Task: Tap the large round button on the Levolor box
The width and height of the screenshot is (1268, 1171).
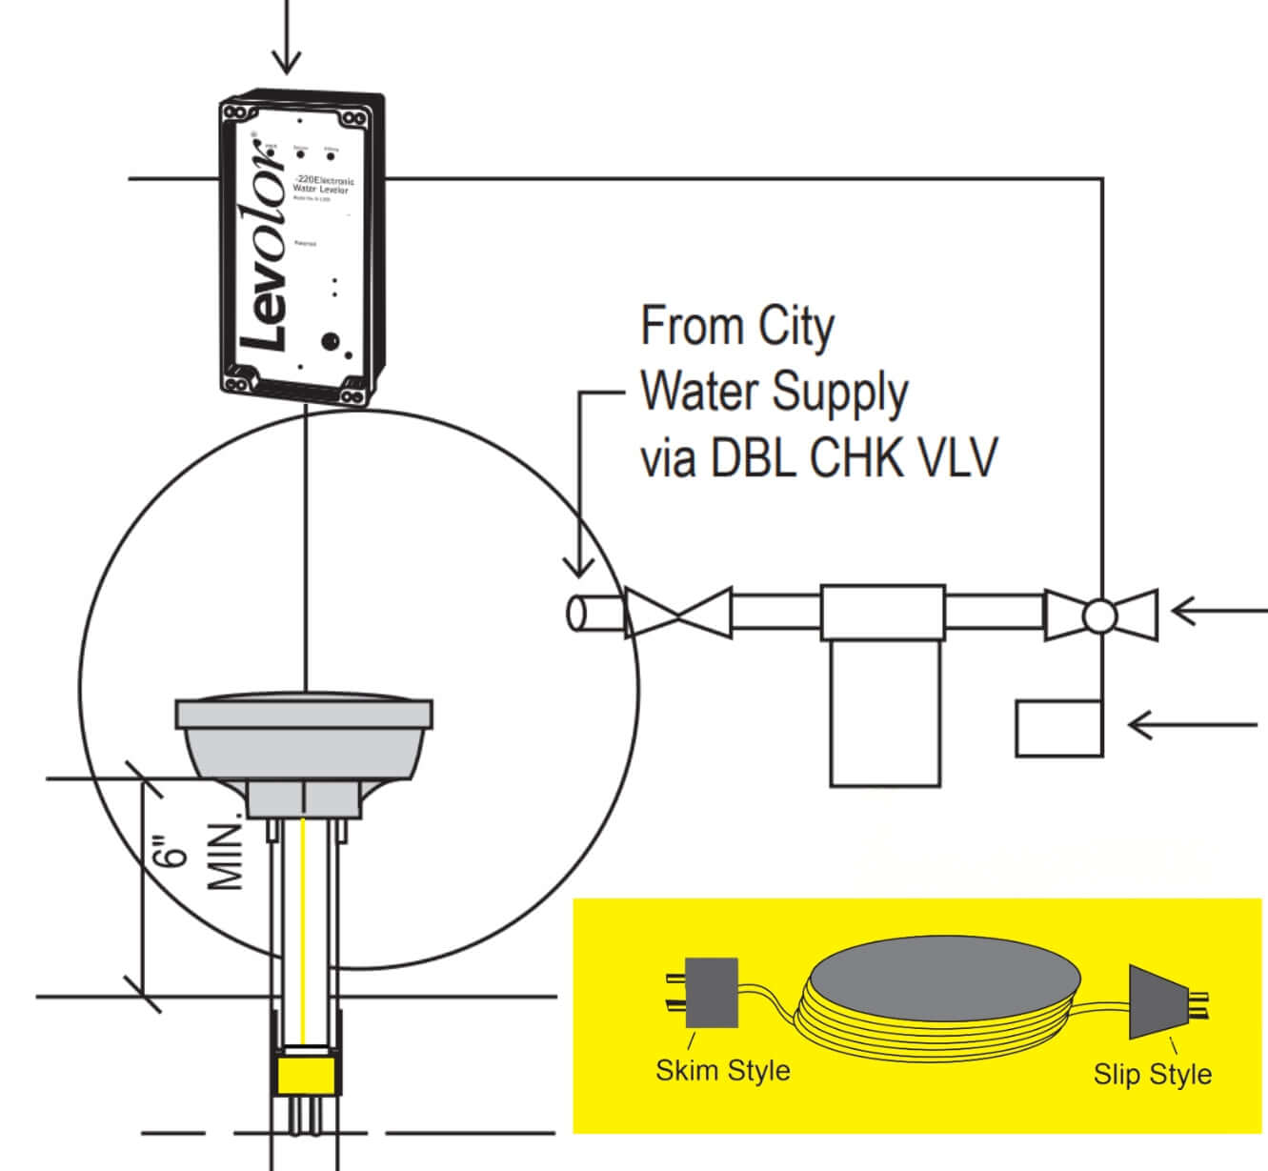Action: (331, 340)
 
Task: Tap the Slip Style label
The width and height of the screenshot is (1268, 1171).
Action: (1153, 1074)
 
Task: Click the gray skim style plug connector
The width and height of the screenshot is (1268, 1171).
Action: (712, 993)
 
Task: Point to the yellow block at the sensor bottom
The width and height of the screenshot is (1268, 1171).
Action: (304, 1075)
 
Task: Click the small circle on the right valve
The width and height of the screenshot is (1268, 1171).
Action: (1100, 615)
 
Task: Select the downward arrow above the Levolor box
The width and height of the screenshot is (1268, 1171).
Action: (285, 38)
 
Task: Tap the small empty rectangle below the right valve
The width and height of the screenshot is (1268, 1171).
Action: (1058, 729)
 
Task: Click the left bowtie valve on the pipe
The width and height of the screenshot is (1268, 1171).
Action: (676, 613)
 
